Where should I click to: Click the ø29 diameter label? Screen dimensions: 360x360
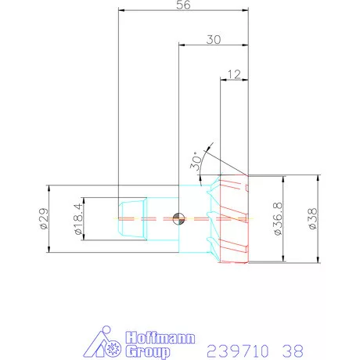click(44, 219)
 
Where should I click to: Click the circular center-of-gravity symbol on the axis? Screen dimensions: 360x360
click(179, 218)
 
